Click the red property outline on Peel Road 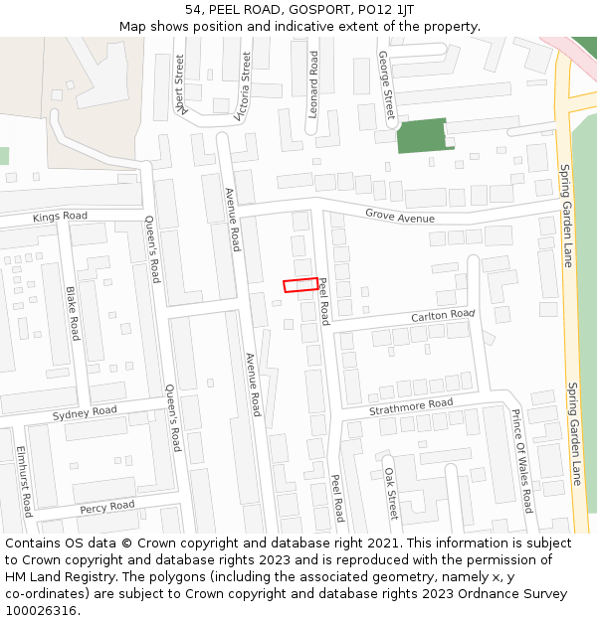(301, 285)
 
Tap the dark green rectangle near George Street (421, 135)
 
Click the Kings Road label (60, 216)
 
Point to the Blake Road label (72, 314)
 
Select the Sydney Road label (85, 411)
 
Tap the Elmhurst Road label (24, 481)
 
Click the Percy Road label (107, 507)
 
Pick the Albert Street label (179, 85)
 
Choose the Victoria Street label (242, 86)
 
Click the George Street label (386, 85)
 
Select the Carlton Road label (444, 315)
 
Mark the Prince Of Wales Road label (521, 460)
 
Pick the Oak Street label (391, 493)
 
